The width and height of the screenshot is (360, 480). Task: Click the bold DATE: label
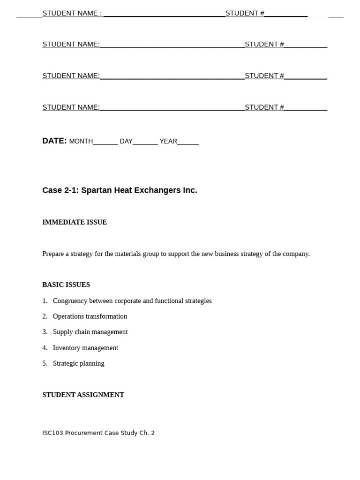pos(54,141)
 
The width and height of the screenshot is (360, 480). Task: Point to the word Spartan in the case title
pos(97,190)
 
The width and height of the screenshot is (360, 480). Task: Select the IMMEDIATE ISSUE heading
pos(75,222)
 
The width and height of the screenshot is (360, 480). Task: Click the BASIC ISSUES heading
pos(66,285)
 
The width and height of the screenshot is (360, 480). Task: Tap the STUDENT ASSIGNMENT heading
pos(83,395)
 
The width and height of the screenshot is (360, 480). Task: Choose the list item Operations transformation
pos(90,316)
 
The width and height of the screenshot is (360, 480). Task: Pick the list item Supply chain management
pos(90,332)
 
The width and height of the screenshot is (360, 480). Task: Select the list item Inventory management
pos(85,348)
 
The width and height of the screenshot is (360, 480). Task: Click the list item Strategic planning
pos(78,363)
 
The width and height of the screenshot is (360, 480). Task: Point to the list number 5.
pos(45,363)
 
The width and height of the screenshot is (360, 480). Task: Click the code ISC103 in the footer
pos(52,433)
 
